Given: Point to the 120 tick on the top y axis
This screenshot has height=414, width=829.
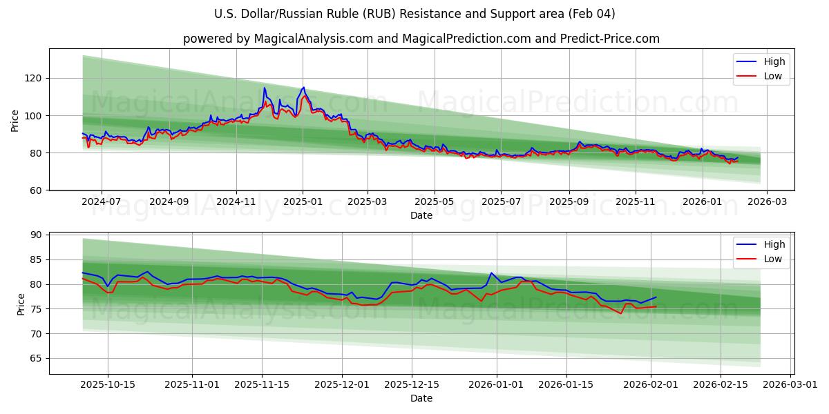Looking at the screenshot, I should coord(35,78).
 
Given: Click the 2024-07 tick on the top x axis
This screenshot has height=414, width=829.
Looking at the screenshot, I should coord(102,202).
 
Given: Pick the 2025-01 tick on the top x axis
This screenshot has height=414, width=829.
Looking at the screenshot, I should coord(303,202).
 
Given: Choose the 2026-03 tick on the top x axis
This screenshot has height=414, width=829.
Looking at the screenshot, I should coord(768,202).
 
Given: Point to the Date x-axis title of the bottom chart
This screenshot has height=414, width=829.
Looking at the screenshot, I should coord(421,398).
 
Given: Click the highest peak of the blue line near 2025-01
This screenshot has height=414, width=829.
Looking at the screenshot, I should coord(303,88).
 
